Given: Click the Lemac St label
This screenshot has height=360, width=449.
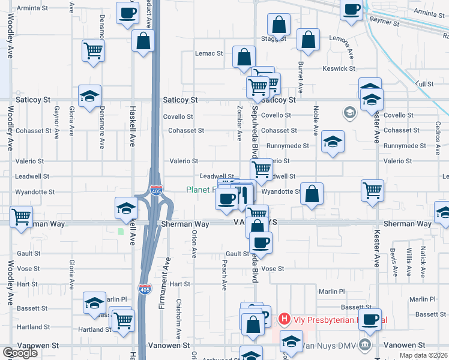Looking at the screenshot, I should click(209, 53).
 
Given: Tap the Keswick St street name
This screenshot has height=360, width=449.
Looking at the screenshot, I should click(339, 68).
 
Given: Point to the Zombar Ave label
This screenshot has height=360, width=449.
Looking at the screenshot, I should click(240, 125).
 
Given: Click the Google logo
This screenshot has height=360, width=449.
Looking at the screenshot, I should click(20, 353).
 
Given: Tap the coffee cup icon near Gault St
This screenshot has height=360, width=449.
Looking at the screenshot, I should click(261, 243).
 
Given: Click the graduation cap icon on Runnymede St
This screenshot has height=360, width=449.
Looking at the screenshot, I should click(333, 142).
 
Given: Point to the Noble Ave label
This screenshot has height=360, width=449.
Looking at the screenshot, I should click(315, 121).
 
